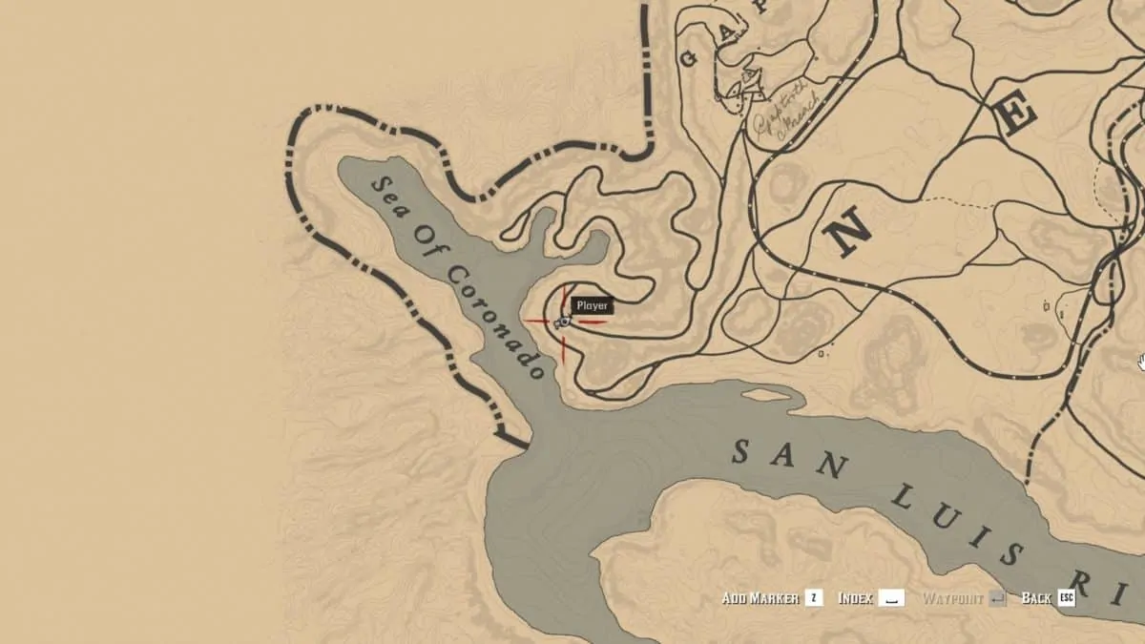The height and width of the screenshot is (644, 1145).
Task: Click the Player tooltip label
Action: [591, 305]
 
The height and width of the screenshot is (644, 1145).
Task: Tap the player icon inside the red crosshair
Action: [562, 322]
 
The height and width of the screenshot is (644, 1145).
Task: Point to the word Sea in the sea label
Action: [390, 198]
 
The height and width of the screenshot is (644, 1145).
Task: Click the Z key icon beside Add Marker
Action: [814, 598]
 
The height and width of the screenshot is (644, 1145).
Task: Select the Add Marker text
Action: [760, 598]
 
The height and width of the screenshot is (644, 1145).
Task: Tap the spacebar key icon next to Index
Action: [891, 598]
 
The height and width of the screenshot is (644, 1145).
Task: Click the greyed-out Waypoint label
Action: [952, 598]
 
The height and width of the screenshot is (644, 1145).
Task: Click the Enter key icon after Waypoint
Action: [997, 598]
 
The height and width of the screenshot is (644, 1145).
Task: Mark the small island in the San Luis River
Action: [767, 395]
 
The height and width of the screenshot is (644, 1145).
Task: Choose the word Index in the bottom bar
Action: [856, 598]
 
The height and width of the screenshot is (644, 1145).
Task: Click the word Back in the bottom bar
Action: [1035, 598]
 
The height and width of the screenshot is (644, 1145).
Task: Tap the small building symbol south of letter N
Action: [822, 354]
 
